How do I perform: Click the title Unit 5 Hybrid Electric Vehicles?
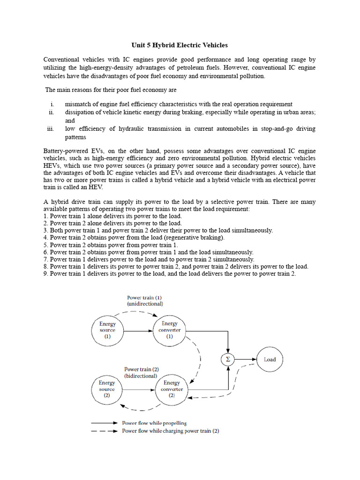(x=179, y=45)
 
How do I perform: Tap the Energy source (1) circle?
(x=107, y=330)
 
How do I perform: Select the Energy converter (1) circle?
(x=169, y=330)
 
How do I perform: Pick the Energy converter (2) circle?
(x=172, y=389)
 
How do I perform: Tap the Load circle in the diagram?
(x=270, y=360)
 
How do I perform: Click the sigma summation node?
(x=228, y=360)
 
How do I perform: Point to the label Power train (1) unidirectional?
(x=144, y=300)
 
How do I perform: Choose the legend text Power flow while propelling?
(x=154, y=423)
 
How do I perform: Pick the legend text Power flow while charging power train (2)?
(x=170, y=431)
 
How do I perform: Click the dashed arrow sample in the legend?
(x=104, y=431)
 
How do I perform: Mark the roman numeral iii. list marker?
(x=51, y=128)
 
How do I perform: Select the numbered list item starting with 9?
(x=170, y=273)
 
